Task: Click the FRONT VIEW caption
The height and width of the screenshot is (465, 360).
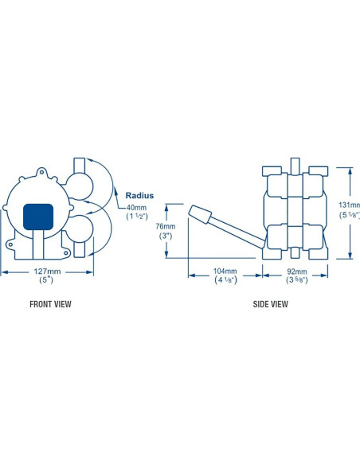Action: click(x=50, y=304)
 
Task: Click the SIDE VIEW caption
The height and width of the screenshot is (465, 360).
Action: click(x=270, y=304)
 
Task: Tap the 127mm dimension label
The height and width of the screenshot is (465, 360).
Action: click(x=48, y=272)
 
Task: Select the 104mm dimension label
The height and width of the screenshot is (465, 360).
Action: click(x=225, y=271)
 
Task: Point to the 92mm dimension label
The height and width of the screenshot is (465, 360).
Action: click(x=297, y=272)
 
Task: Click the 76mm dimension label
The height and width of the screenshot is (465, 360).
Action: click(x=166, y=226)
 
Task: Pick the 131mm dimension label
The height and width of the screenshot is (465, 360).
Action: click(x=350, y=205)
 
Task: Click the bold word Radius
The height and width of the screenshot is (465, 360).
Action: click(x=139, y=195)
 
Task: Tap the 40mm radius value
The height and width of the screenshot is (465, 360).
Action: click(x=136, y=208)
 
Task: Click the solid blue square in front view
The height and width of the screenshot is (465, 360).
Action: click(x=38, y=217)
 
